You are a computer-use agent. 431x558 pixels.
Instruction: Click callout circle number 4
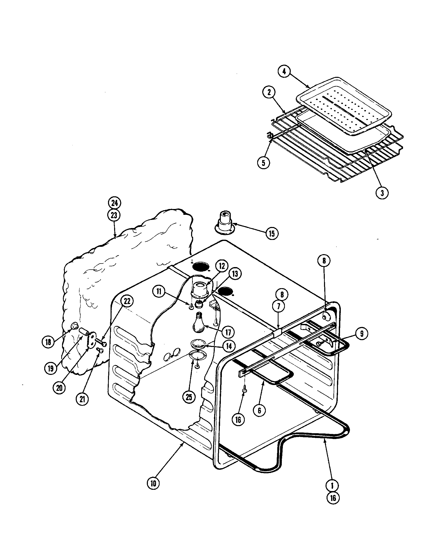(284, 72)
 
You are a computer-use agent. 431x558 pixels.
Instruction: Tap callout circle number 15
(271, 233)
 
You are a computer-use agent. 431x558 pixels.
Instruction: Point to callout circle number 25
(189, 397)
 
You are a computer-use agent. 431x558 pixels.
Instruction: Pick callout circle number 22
(127, 301)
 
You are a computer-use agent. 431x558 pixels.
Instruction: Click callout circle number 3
(382, 193)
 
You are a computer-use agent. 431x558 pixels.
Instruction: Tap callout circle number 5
(264, 163)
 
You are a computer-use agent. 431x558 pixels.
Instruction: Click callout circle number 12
(222, 266)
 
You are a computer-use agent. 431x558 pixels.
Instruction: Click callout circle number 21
(82, 399)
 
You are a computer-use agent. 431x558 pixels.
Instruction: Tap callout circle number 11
(159, 291)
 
